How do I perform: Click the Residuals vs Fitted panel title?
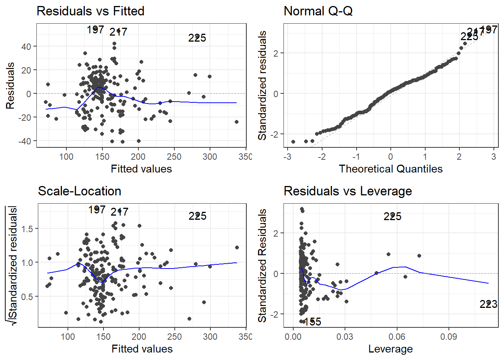90,11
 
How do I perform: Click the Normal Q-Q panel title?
318,11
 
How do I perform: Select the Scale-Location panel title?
79,191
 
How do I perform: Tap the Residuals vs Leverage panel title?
348,191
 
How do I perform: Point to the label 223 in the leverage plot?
488,304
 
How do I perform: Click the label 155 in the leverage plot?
312,322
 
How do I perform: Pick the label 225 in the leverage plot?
392,216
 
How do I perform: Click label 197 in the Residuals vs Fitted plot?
95,30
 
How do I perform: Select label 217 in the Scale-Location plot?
119,212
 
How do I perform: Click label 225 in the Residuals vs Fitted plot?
197,38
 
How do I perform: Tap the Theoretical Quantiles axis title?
390,169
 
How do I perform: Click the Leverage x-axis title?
390,349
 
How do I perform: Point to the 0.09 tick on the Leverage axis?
448,336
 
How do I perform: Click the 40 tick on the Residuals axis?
26,46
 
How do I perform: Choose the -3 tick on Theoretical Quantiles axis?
287,156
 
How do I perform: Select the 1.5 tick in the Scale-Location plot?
27,229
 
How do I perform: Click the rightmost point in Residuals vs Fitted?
237,122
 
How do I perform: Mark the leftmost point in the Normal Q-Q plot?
293,142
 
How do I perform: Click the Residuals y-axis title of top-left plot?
10,85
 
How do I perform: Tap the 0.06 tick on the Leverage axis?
397,336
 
